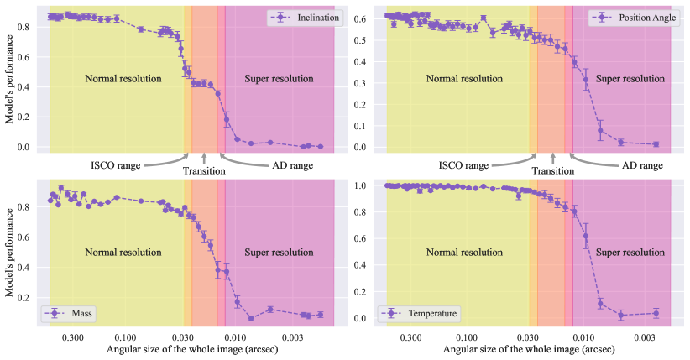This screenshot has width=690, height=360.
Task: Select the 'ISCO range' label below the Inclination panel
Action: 117,166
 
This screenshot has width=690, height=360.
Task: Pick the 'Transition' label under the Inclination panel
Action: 205,171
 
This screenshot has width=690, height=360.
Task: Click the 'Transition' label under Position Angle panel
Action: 552,171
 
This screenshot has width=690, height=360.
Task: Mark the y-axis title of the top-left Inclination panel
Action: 9,82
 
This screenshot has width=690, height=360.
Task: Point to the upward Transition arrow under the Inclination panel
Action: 204,157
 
